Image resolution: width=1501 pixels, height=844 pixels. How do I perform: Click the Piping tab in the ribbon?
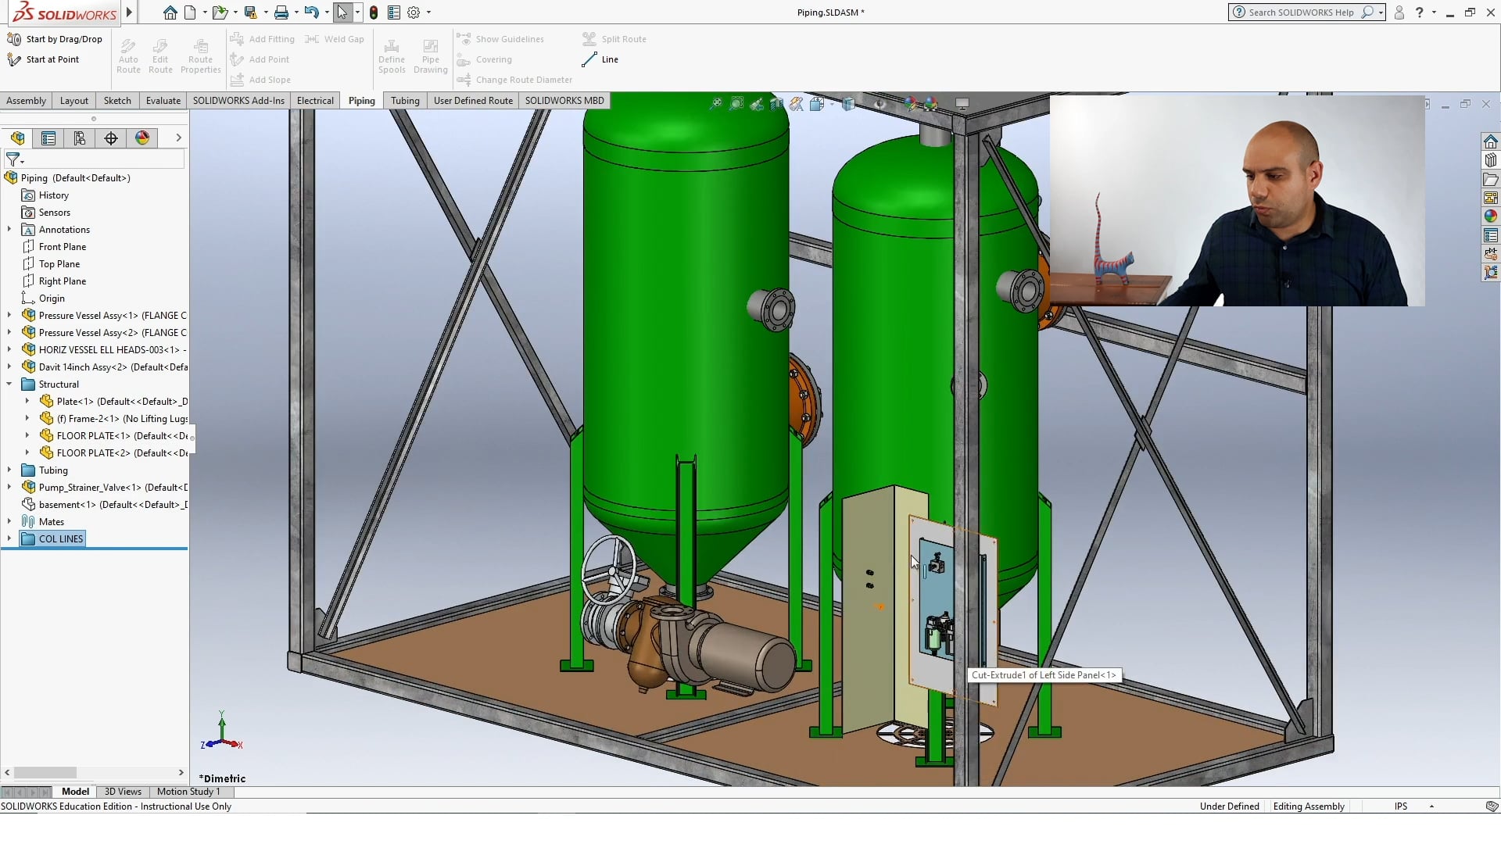coord(361,101)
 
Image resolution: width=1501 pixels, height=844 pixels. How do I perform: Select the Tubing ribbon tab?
coord(405,101)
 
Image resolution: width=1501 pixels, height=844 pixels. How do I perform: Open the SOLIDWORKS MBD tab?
coord(564,101)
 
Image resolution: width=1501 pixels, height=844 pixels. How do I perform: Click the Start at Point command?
coord(52,59)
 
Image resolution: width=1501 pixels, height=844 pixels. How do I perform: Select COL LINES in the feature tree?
coord(60,539)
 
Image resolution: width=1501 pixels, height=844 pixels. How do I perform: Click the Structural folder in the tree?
coord(59,384)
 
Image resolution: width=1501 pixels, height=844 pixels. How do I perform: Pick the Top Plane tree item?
coord(59,264)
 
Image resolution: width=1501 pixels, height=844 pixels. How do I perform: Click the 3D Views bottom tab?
coord(123,792)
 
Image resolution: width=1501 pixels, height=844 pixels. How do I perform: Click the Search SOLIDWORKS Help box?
coord(1301,13)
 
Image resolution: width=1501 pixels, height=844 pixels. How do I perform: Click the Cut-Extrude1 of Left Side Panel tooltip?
coord(1044,675)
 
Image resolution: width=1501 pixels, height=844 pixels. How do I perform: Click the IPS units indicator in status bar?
coord(1400,806)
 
